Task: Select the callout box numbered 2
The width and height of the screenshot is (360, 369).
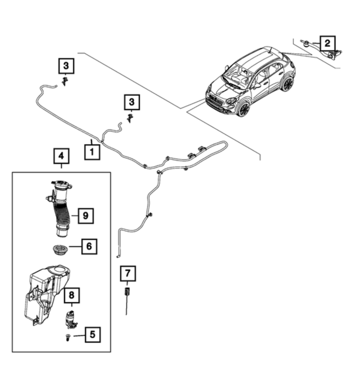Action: tap(327, 43)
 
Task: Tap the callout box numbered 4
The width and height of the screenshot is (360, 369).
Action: tap(61, 156)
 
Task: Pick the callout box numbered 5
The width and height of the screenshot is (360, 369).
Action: tap(93, 335)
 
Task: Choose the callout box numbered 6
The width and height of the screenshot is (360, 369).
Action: tap(89, 247)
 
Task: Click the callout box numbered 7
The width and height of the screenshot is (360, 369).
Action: tap(128, 274)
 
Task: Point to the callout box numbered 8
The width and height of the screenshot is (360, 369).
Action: tap(72, 295)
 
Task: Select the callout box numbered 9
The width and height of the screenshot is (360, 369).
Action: tap(85, 215)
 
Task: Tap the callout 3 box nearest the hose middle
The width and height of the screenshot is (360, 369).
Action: tap(132, 102)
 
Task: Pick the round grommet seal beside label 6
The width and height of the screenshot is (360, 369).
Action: tap(58, 250)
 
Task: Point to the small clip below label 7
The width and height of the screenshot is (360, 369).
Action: tap(127, 292)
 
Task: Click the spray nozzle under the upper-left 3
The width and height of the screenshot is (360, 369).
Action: tap(65, 81)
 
